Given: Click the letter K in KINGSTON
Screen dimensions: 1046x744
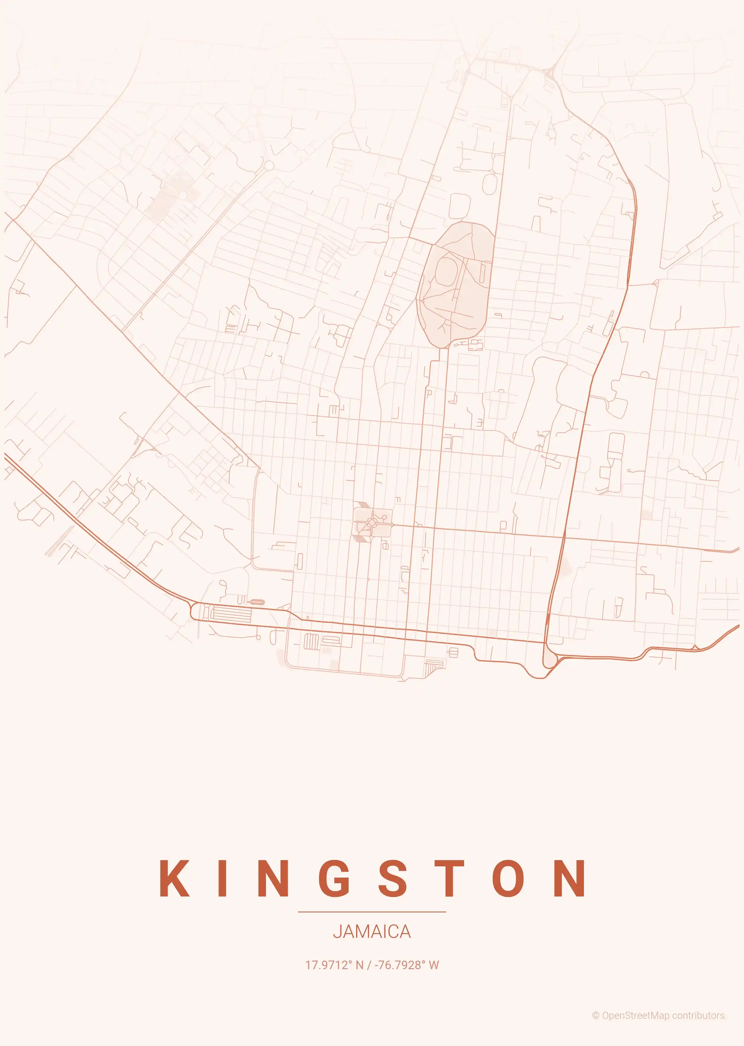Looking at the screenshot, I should point(174,878).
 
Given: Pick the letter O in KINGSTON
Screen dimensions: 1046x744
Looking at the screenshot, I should point(508,878).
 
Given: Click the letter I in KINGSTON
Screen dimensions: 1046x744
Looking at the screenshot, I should point(223,878).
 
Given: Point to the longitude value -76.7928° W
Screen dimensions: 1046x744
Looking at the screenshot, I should point(407,965).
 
